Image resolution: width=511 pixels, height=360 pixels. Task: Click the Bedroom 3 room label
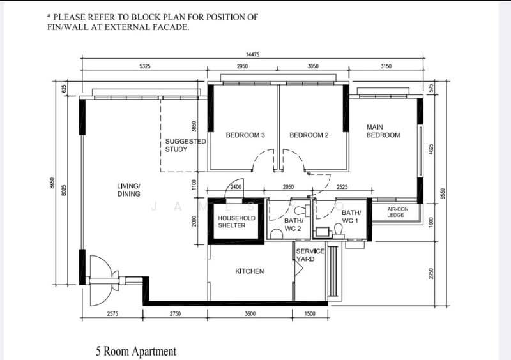pos(245,135)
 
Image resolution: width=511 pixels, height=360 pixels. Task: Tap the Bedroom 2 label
pos(309,135)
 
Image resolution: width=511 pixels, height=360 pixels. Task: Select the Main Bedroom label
pos(383,131)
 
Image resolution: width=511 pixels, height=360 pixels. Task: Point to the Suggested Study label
pos(185,146)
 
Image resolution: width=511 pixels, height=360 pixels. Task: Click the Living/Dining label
pos(129,190)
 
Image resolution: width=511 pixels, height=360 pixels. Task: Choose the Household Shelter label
pos(236,221)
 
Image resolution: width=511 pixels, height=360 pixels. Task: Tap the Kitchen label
pos(250,271)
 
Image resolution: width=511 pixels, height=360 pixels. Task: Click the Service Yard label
pos(310,255)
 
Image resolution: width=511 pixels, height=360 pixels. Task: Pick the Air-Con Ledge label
pos(397,212)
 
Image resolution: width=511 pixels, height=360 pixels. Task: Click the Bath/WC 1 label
pos(351,216)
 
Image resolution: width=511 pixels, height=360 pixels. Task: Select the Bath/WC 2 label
pos(294,225)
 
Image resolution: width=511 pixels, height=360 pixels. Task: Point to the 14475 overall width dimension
pos(252,55)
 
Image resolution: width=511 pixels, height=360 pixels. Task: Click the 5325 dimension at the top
pos(145,66)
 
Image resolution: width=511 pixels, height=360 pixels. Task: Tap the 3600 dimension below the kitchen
pos(250,314)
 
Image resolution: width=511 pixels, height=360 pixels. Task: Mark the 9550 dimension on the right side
pos(442,193)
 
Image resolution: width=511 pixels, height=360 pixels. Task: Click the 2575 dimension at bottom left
pos(112,314)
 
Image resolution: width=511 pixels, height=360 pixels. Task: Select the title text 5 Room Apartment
pos(136,351)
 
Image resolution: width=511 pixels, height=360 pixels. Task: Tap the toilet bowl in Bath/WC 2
pos(277,234)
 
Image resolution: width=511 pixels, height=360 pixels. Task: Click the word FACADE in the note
pos(172,27)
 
